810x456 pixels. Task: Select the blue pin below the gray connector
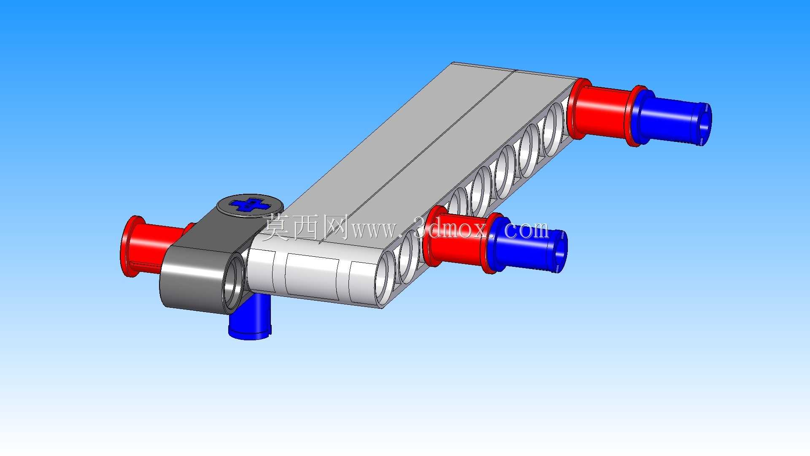pos(251,317)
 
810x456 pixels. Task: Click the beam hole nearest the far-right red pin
pos(553,123)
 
